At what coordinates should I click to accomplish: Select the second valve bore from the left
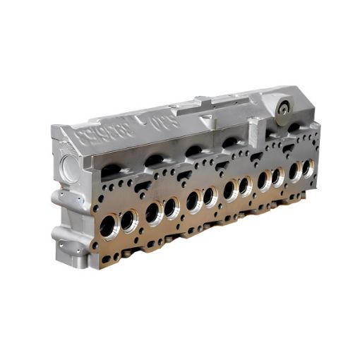(x=128, y=220)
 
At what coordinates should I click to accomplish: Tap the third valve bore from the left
(x=151, y=210)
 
